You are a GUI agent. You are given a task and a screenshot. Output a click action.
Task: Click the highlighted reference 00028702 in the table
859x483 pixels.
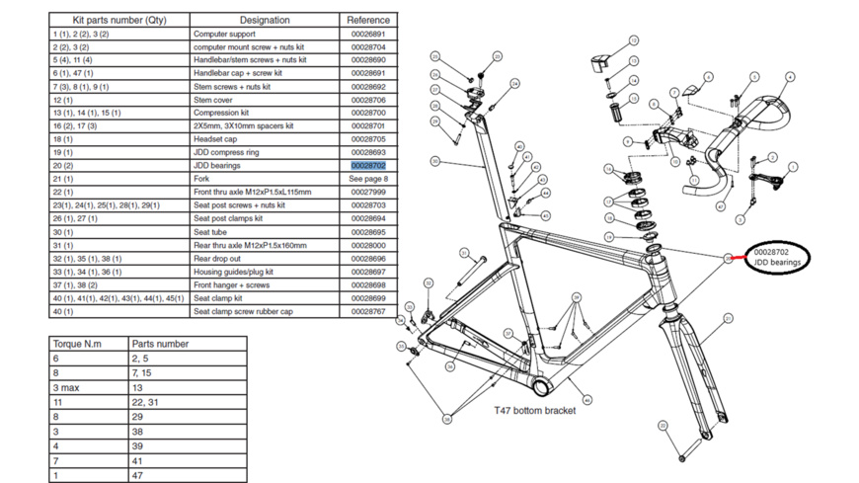click(x=368, y=166)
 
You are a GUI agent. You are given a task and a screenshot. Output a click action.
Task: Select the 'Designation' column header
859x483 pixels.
click(x=265, y=20)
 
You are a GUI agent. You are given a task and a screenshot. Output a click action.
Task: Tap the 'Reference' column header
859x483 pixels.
click(x=368, y=20)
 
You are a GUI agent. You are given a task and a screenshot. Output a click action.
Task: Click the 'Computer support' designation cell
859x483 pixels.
click(x=224, y=35)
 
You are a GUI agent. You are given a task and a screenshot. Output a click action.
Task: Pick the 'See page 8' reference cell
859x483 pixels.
click(x=368, y=179)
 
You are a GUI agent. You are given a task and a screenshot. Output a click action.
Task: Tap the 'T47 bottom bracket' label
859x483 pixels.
click(x=534, y=410)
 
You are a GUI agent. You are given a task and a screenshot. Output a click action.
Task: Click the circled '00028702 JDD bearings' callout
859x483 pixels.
click(x=777, y=258)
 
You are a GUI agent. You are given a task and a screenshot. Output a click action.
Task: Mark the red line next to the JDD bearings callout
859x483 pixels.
click(x=738, y=258)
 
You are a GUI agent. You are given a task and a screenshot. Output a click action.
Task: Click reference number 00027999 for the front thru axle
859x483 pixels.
click(x=368, y=192)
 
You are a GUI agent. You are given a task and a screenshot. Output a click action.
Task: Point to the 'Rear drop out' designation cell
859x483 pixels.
click(x=217, y=258)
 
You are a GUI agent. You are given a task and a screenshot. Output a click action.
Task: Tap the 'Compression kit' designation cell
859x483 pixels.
click(x=221, y=113)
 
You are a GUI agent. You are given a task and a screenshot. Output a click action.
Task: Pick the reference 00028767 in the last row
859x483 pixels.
click(x=368, y=311)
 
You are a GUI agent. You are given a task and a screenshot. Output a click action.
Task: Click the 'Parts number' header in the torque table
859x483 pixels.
click(x=160, y=345)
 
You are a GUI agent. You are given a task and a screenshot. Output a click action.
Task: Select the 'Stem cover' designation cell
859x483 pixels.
click(x=213, y=100)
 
